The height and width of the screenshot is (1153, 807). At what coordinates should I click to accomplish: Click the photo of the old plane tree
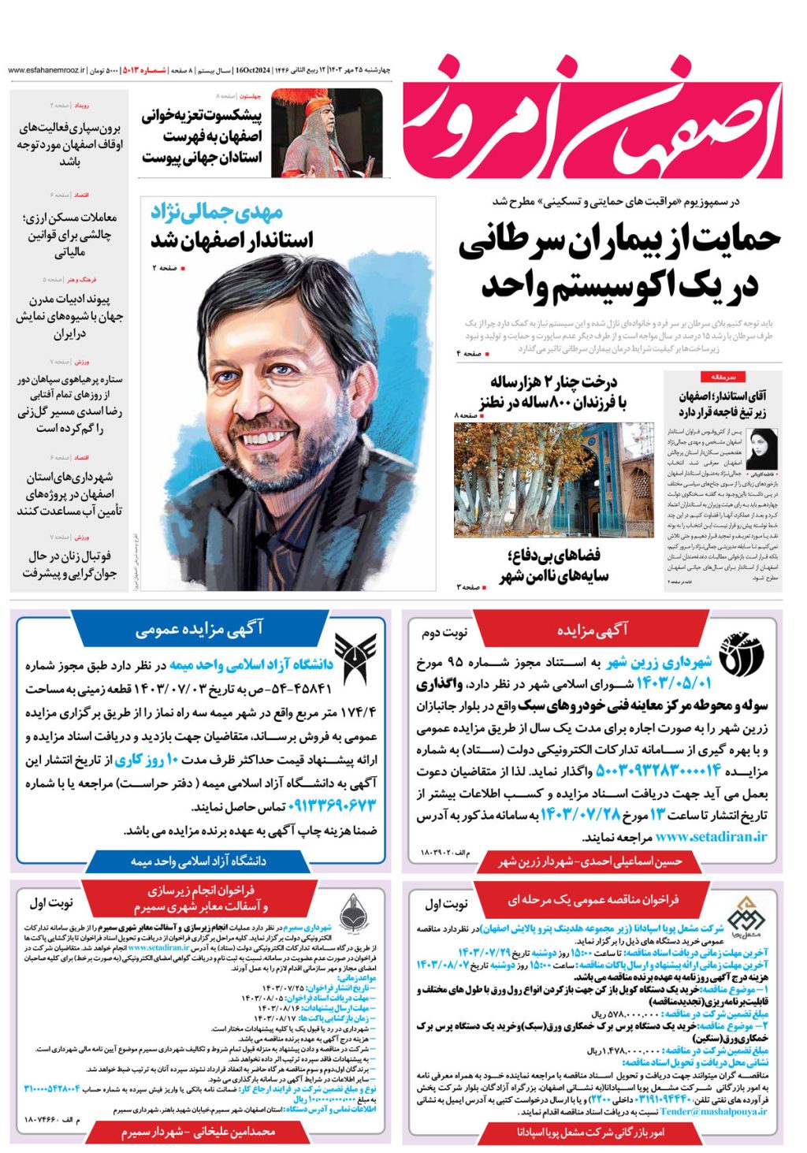coord(553,479)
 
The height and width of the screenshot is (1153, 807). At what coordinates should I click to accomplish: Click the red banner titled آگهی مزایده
coord(592,630)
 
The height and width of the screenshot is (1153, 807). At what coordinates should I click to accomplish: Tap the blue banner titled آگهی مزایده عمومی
coord(199,630)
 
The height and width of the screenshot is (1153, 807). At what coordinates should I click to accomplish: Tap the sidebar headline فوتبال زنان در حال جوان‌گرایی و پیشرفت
coord(69,564)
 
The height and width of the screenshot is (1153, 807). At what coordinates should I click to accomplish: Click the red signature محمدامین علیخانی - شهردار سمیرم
coord(199,1132)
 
